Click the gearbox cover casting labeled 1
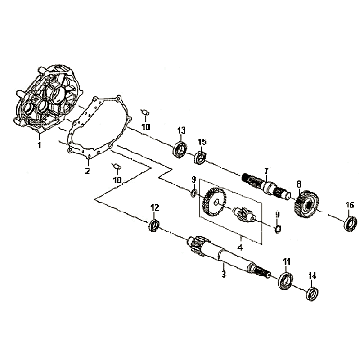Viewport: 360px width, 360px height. (47, 100)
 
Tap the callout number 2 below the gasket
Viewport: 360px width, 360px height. (87, 171)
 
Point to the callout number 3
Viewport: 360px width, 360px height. (223, 274)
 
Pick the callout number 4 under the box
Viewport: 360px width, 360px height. (240, 247)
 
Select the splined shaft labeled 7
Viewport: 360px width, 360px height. (266, 188)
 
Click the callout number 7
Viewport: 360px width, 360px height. (266, 171)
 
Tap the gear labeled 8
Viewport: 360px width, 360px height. (305, 203)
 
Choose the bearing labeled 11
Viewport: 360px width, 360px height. (285, 281)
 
